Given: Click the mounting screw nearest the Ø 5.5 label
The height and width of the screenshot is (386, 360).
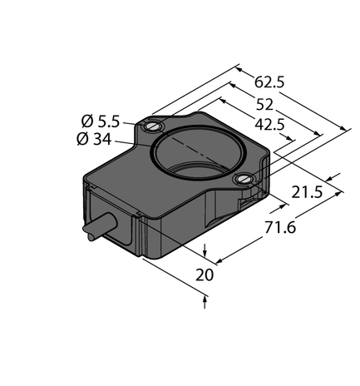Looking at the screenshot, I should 151,126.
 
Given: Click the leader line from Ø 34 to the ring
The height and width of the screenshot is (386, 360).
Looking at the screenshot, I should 133,144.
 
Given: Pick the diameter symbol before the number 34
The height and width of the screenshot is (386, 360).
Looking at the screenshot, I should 81,139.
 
